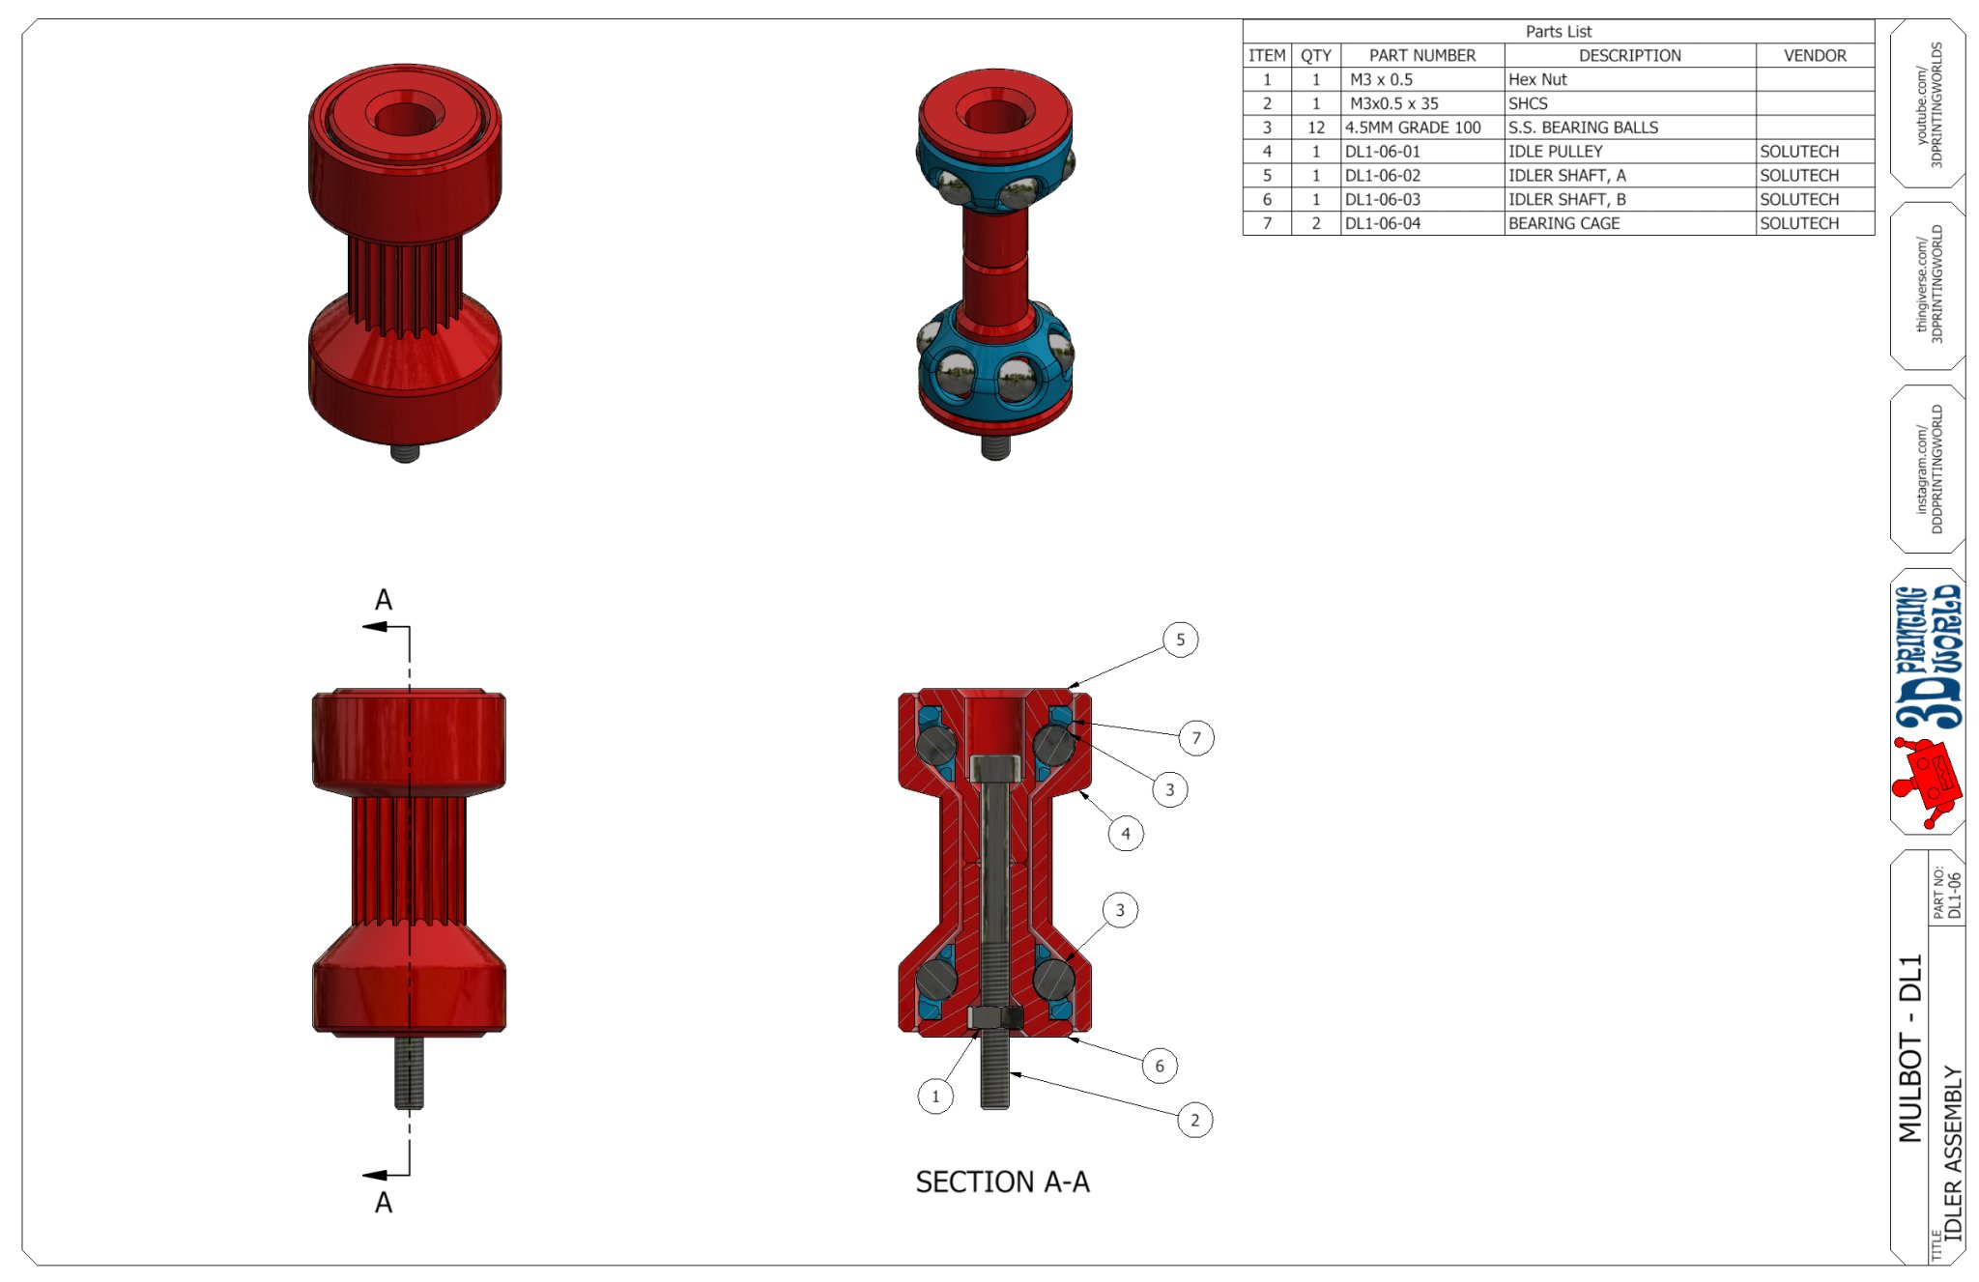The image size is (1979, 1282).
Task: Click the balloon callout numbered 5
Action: (x=1180, y=640)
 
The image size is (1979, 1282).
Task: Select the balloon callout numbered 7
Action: (x=1196, y=738)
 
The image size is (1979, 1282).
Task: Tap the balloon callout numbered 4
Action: (x=1126, y=833)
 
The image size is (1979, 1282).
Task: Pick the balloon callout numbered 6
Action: (x=1160, y=1066)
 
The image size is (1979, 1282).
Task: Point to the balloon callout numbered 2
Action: (x=1195, y=1120)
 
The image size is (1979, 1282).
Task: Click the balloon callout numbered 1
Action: (x=935, y=1097)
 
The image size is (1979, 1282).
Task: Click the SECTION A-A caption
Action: (x=1002, y=1182)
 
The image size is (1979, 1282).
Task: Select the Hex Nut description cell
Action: (x=1629, y=79)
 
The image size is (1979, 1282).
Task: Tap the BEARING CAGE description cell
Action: (x=1629, y=223)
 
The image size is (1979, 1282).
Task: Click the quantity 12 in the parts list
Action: (x=1316, y=128)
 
